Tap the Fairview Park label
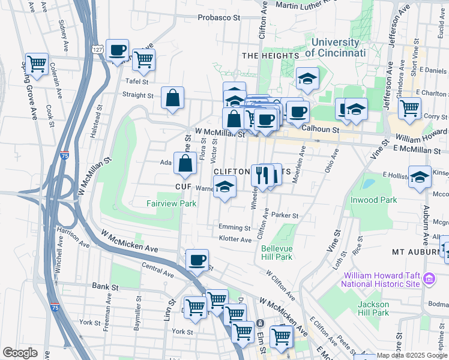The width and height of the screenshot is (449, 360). (171, 203)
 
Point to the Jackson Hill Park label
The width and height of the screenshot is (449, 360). (373, 308)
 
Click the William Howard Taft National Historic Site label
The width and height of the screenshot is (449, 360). (379, 280)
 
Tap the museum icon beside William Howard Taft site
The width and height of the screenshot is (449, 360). (429, 279)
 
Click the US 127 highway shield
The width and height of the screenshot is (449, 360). (99, 47)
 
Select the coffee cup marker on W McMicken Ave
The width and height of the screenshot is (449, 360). (197, 261)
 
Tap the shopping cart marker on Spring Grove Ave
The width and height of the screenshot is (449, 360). (37, 64)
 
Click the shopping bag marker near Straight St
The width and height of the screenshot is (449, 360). (172, 98)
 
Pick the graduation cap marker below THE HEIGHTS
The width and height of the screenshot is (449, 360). (307, 79)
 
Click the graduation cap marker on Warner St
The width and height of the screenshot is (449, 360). (224, 187)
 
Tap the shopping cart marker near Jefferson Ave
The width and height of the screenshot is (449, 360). (410, 109)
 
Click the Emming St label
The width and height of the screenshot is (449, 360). (234, 228)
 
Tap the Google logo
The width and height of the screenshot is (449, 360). (20, 353)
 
